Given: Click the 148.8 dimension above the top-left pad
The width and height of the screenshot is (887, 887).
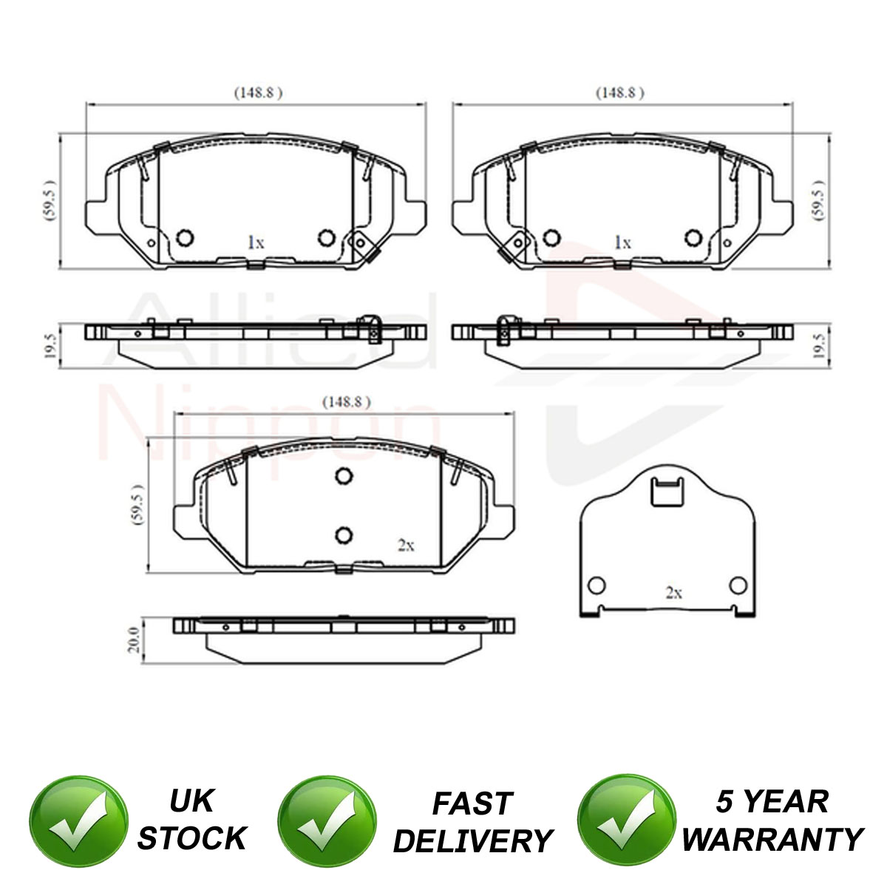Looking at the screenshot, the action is tap(258, 93).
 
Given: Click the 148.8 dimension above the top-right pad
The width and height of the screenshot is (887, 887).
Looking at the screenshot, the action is tap(620, 93).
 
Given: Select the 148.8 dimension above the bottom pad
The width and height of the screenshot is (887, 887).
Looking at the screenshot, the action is tap(346, 402).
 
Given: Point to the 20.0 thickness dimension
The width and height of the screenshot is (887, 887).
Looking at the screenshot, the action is tap(134, 639).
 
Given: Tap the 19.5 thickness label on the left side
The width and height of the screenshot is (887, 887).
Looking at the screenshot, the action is tap(51, 345).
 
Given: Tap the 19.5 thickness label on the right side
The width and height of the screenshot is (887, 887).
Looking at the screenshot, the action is tap(818, 345).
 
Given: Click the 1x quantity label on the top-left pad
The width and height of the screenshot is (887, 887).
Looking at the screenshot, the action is tap(256, 242).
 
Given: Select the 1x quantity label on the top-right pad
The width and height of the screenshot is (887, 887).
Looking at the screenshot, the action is tap(623, 242).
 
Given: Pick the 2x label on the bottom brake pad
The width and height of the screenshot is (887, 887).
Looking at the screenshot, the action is tap(406, 546).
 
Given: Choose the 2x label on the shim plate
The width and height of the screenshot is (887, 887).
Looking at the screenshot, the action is tap(674, 593).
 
